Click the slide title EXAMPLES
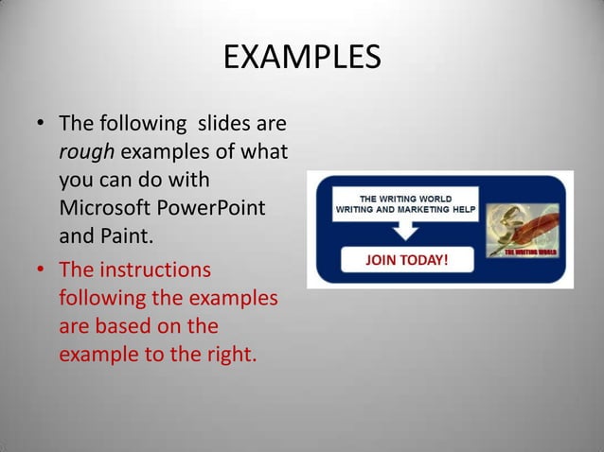click(x=302, y=57)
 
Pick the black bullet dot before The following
click(x=41, y=125)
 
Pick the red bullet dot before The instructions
click(x=41, y=271)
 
